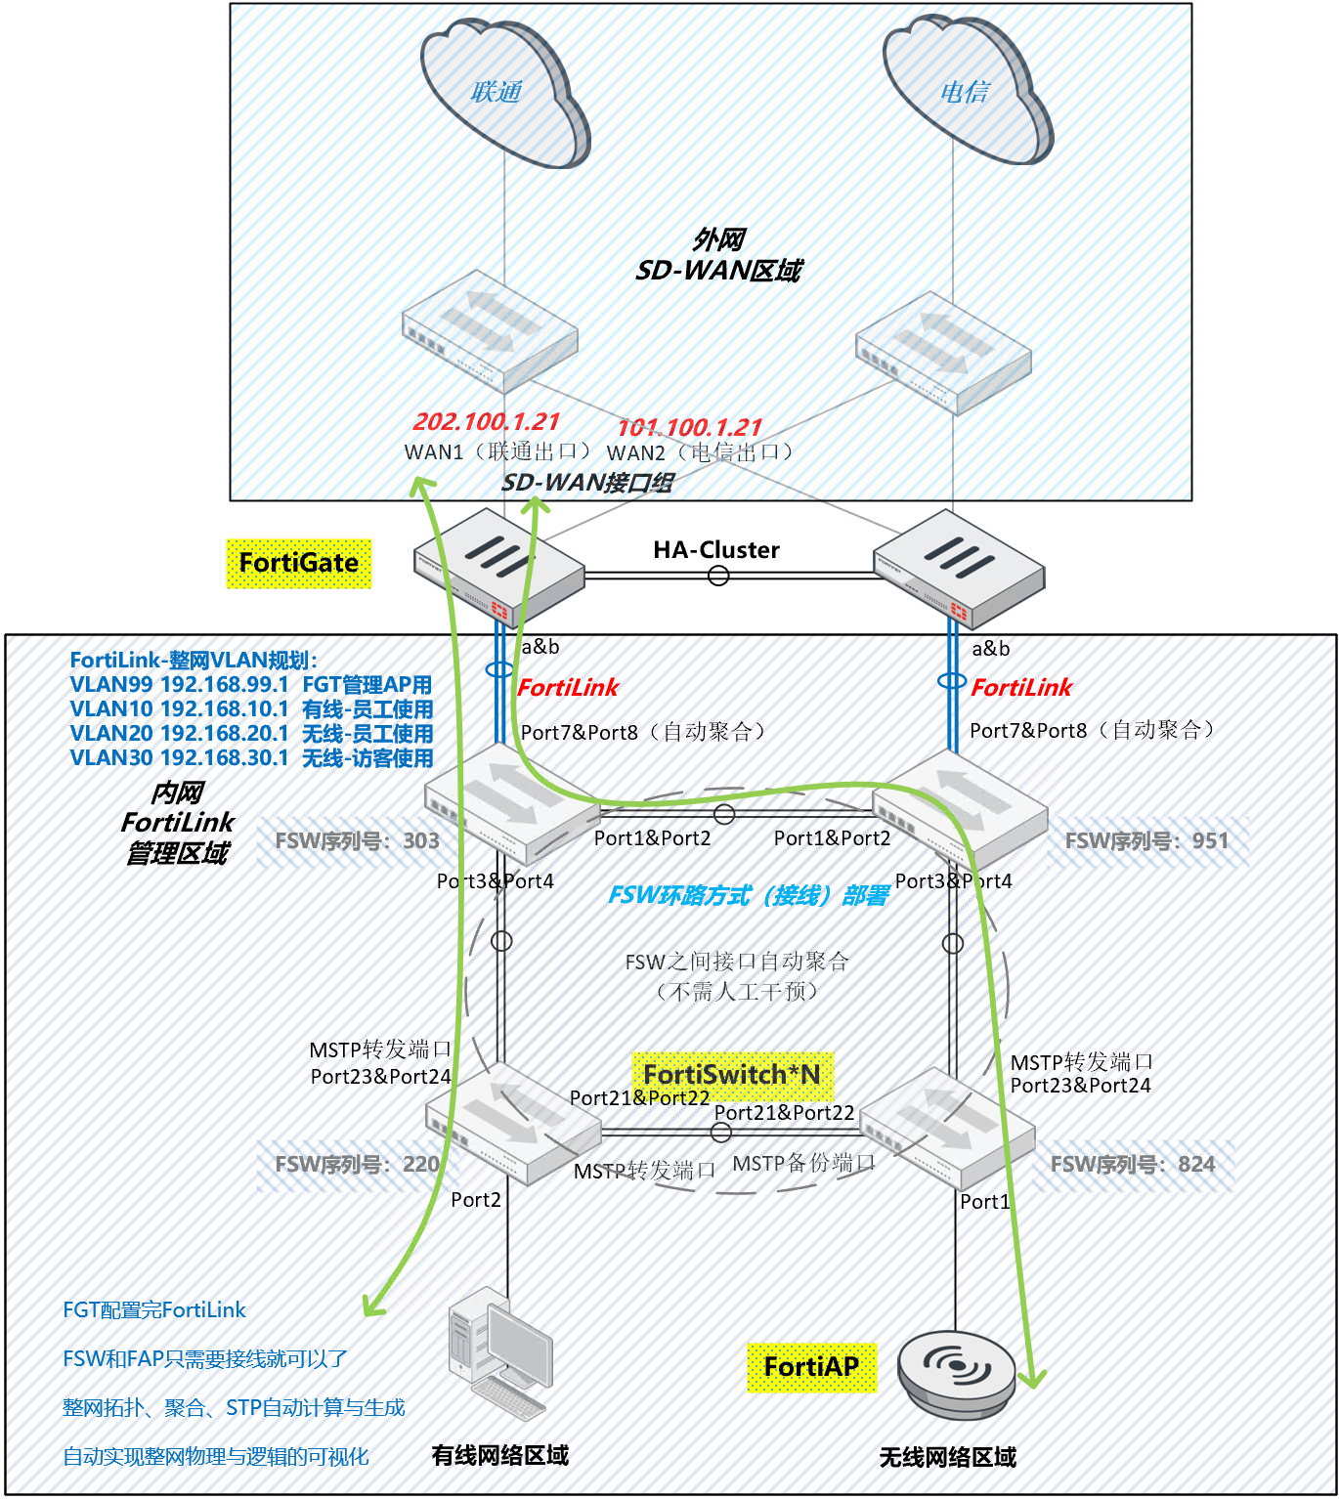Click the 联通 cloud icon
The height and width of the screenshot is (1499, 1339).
503,94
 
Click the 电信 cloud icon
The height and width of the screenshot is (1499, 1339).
967,92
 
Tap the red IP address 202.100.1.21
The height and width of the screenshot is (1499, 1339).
486,421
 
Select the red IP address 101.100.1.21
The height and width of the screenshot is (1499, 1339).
689,427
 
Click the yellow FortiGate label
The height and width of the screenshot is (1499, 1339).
299,563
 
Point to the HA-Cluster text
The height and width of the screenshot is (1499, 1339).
716,550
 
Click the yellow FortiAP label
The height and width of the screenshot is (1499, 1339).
811,1366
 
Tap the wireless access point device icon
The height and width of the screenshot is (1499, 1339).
957,1372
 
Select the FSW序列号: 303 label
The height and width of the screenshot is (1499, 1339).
357,841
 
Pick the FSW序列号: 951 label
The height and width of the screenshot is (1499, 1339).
1146,841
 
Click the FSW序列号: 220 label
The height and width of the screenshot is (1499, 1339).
357,1165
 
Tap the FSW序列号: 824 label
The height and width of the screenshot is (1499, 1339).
1132,1165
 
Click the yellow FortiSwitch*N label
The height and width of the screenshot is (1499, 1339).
732,1075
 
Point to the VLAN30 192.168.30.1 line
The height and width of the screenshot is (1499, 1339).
251,758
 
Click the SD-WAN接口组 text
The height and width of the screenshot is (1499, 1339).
586,483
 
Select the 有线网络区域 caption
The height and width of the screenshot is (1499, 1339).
499,1456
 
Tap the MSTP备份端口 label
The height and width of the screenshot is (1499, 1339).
803,1163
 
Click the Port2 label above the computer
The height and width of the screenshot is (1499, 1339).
476,1200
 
